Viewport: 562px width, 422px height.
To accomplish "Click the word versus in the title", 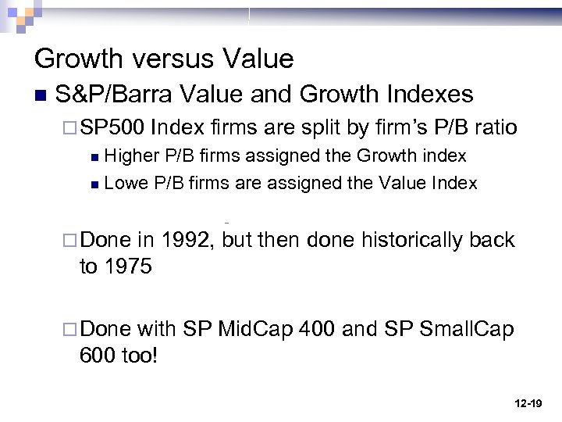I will (166, 59).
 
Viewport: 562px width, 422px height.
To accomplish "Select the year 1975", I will (129, 266).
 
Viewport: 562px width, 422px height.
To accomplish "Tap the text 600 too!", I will (119, 356).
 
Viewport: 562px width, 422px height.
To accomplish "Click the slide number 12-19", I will (528, 404).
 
